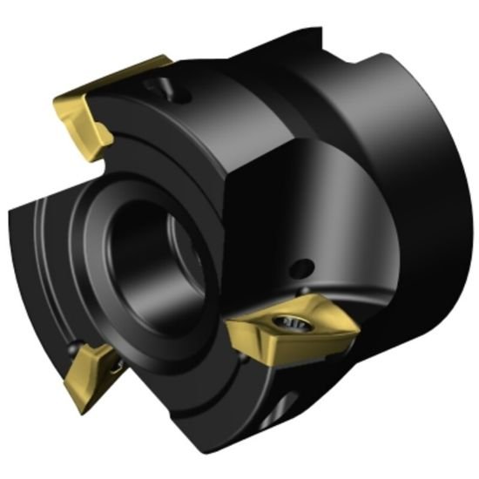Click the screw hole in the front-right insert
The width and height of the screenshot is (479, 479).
(287, 324)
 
